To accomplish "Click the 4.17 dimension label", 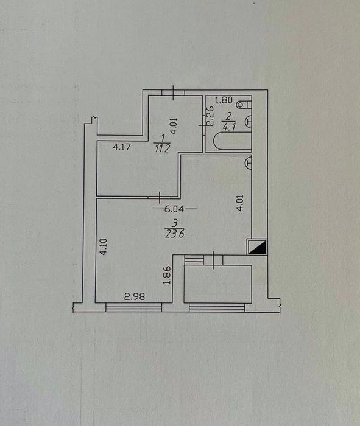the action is click(122, 147).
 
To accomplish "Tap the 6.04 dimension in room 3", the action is click(174, 209).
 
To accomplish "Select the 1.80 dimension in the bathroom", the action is click(224, 100).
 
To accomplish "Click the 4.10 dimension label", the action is click(104, 246).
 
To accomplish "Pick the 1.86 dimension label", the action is click(167, 275).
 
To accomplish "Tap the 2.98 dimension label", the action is click(135, 296).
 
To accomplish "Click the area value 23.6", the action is click(175, 234).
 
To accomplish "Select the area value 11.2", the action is click(162, 148).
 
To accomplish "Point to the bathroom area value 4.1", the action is click(229, 127).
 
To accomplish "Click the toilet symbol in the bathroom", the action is click(244, 104).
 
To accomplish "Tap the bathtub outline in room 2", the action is click(232, 141).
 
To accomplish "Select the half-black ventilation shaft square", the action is click(257, 247).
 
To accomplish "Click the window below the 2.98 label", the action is click(133, 307).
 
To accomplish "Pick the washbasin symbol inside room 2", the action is click(249, 121).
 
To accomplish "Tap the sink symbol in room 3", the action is click(248, 162).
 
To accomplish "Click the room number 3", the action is click(175, 223).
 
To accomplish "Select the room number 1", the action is click(163, 139).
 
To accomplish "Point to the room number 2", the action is click(228, 117).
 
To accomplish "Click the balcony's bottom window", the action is click(217, 307).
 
